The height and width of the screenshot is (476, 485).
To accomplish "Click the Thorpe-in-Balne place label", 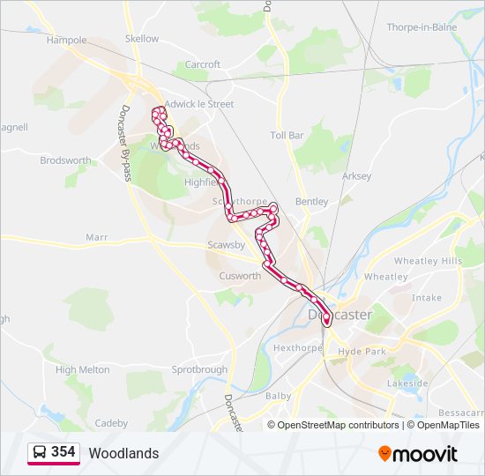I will tap(427, 27).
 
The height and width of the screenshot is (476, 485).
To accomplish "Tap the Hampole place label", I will tap(67, 41).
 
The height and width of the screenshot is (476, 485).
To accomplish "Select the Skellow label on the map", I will tap(142, 39).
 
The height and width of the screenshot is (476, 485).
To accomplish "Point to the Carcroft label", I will tap(203, 65).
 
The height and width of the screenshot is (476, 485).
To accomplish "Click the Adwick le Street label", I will tap(199, 104).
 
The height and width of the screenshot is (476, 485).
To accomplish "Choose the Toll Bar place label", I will tap(287, 136).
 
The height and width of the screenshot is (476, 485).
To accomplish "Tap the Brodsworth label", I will tap(65, 160).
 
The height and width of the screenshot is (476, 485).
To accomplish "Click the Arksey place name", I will tap(356, 176).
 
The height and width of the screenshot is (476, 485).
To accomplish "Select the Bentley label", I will tap(311, 202).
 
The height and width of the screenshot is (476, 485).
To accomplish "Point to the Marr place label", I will tap(96, 237).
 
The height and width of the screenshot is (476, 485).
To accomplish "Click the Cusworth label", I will tap(240, 276).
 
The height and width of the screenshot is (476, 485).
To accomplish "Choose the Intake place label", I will tap(427, 298).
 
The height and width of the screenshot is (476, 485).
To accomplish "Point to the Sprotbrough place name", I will tap(199, 370).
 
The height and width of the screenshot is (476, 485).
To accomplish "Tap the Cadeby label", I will tap(111, 423).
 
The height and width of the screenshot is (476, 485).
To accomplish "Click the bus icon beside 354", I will tap(40, 452).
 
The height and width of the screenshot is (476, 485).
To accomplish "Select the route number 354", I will tap(63, 452).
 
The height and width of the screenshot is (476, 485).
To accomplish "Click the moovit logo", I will tap(418, 453).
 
